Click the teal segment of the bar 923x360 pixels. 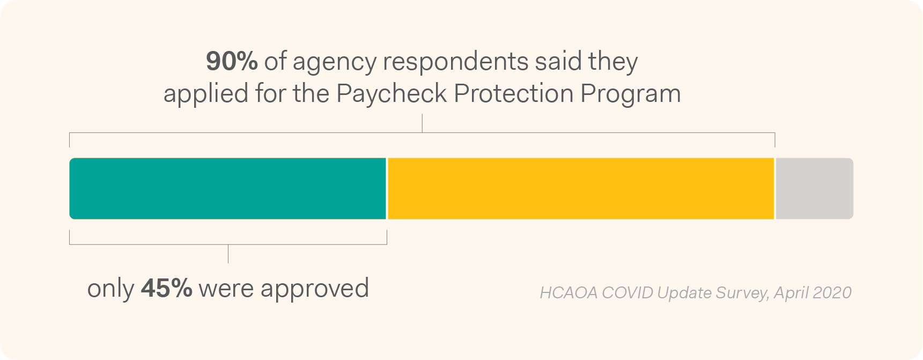(227, 188)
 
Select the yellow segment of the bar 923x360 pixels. (580, 188)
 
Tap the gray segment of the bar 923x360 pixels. (814, 188)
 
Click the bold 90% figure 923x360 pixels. (232, 62)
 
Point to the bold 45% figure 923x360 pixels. (166, 289)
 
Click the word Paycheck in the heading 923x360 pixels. (392, 94)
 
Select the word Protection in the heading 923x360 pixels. (514, 94)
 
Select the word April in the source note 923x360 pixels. (791, 293)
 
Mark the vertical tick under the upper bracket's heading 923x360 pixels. (422, 123)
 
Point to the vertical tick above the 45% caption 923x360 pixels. (228, 254)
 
